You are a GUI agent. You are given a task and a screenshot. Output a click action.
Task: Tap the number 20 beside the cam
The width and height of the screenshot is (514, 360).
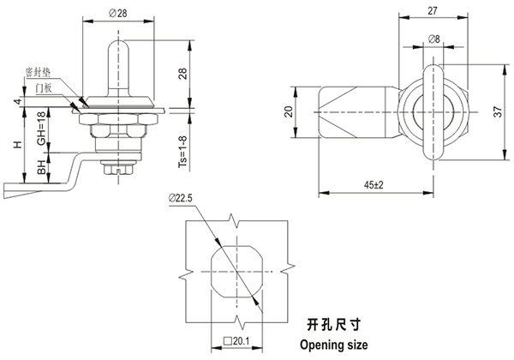[289, 111]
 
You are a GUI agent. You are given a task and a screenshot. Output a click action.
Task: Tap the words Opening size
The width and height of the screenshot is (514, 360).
[333, 344]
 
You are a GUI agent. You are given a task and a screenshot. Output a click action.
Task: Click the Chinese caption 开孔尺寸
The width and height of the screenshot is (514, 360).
[331, 325]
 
